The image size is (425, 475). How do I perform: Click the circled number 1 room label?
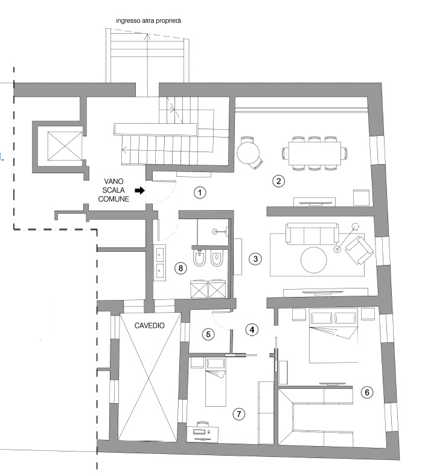click(200, 193)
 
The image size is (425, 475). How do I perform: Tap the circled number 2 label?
click(278, 181)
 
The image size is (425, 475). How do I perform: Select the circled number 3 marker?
click(255, 259)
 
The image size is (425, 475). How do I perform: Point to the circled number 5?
click(208, 334)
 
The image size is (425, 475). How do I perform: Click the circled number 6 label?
click(367, 392)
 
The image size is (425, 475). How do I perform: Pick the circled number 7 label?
click(238, 414)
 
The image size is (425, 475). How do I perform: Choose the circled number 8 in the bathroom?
click(181, 268)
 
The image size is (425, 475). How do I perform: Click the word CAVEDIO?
click(150, 326)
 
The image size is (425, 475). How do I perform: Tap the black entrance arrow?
click(139, 190)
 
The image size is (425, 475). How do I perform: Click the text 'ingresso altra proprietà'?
click(149, 21)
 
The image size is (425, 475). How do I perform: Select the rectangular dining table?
click(315, 153)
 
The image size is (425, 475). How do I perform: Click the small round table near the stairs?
click(248, 153)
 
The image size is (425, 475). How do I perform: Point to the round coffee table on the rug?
click(314, 260)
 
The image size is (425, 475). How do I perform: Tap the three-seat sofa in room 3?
click(312, 233)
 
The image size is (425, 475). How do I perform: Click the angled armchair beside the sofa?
click(359, 250)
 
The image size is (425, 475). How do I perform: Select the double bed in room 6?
click(333, 335)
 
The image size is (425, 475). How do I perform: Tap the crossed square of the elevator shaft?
click(65, 147)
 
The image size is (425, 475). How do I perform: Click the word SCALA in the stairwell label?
click(113, 190)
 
